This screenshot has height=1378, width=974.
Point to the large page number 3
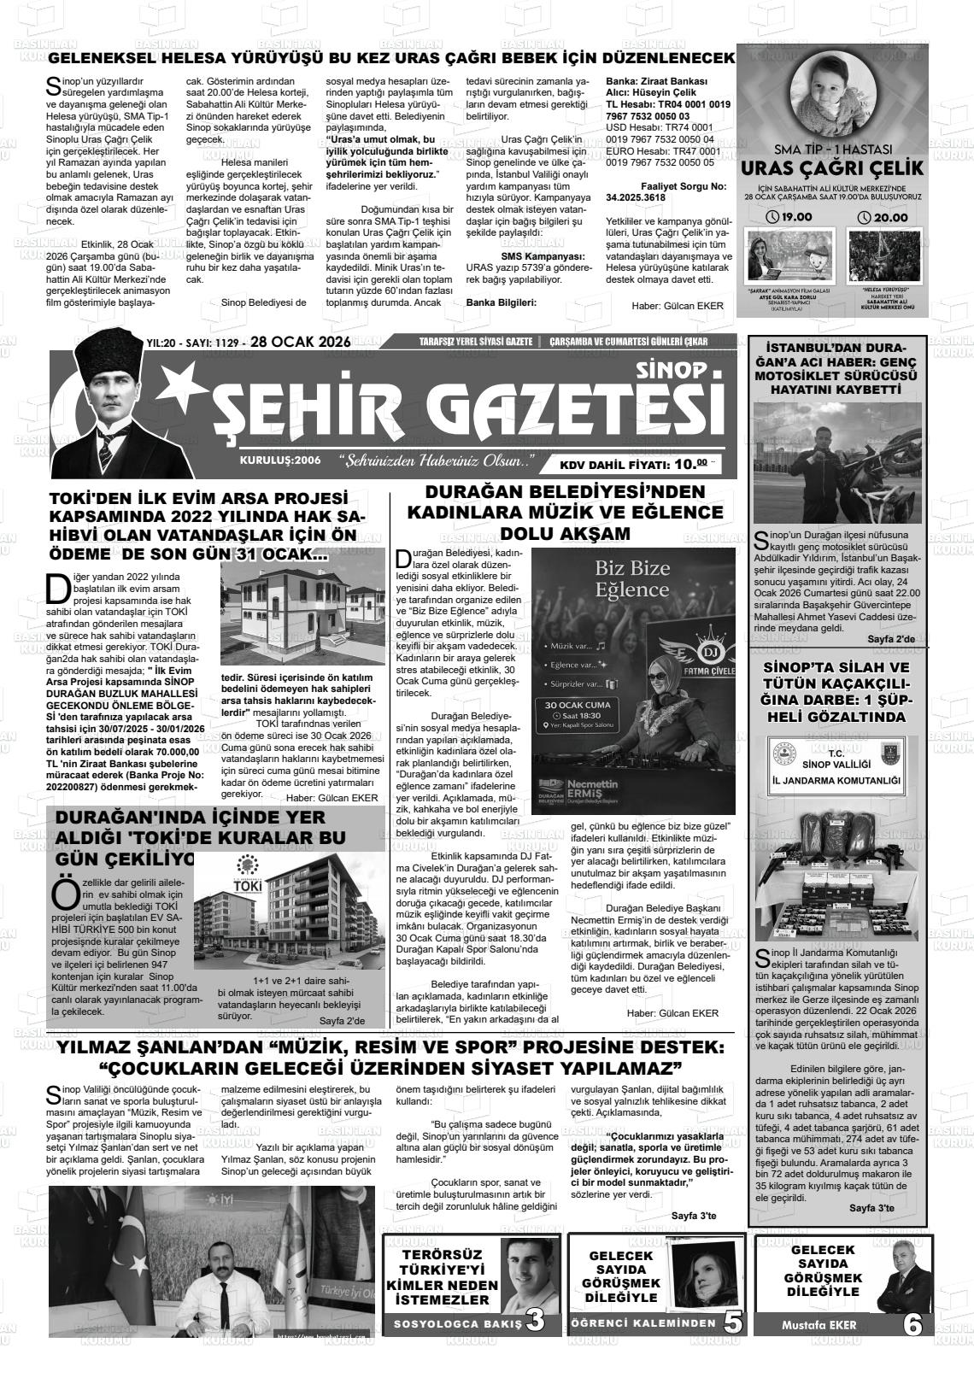[x=537, y=1321]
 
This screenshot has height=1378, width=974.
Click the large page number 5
[x=732, y=1322]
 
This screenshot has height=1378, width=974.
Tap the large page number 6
[x=912, y=1325]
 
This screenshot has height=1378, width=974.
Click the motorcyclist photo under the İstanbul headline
[x=836, y=461]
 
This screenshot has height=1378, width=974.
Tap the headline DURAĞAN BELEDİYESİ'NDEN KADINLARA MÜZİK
[x=566, y=512]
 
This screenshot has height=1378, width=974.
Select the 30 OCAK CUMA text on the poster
[x=583, y=705]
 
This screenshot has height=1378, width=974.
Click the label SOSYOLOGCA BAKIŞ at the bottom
[x=457, y=1324]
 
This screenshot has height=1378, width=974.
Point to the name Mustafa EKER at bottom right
[x=819, y=1325]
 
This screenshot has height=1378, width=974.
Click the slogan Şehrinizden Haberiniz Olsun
[x=437, y=462]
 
